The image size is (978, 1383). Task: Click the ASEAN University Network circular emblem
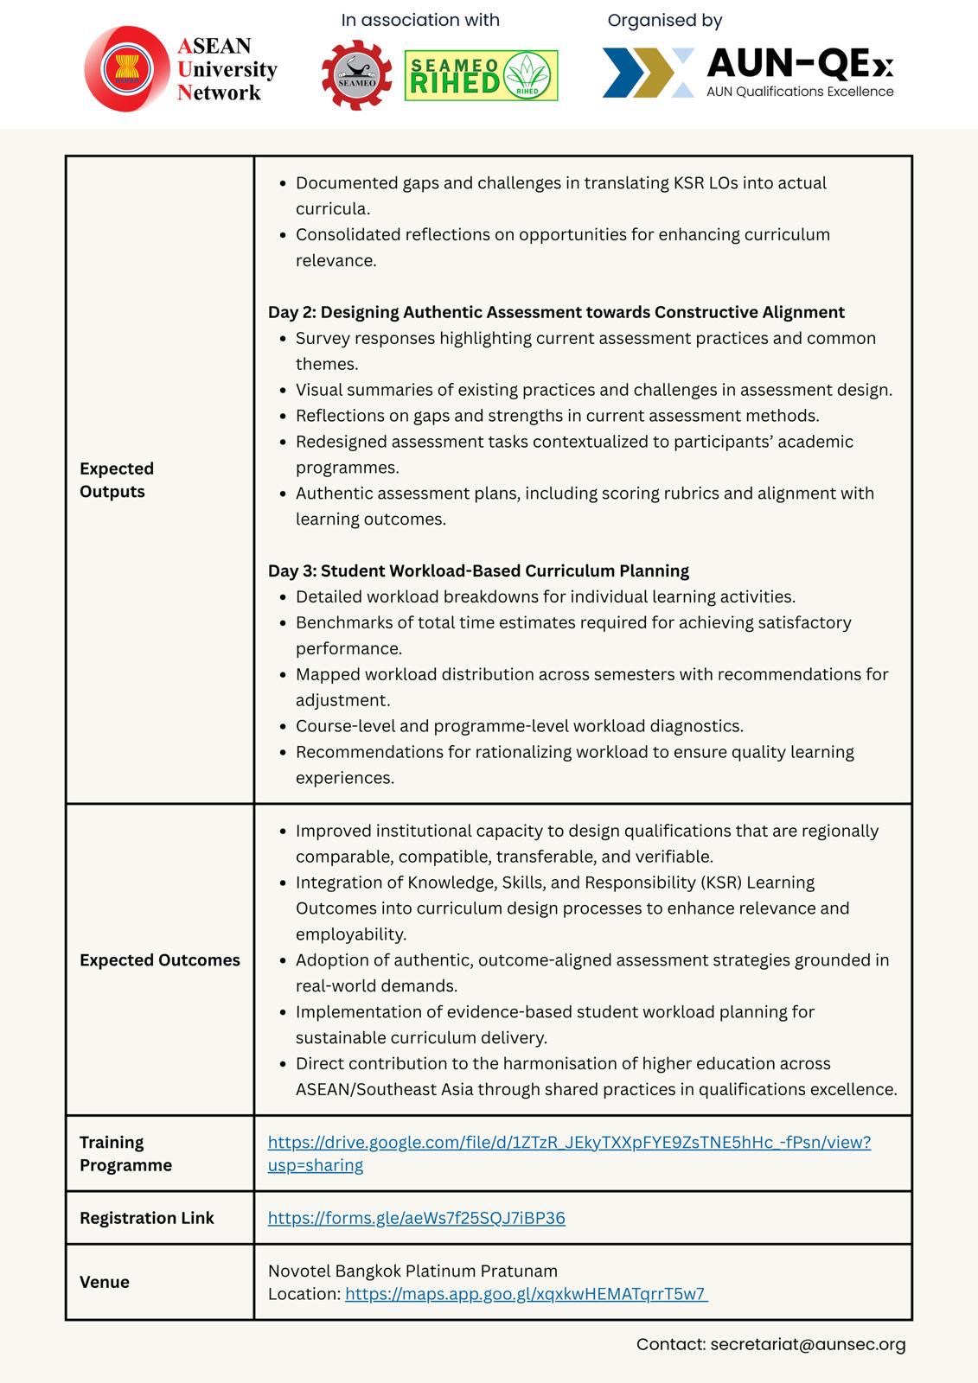click(127, 68)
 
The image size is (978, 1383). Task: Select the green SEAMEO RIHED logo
click(481, 76)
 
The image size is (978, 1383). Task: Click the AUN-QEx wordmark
click(799, 64)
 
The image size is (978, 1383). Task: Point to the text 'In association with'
click(420, 20)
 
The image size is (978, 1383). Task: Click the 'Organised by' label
click(664, 20)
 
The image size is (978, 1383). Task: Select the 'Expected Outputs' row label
click(117, 480)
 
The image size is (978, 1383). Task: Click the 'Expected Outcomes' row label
click(160, 960)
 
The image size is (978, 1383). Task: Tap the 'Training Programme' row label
click(125, 1153)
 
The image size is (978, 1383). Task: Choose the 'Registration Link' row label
click(146, 1218)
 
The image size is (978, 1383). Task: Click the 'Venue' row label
click(105, 1282)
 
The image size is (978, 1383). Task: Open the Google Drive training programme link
click(569, 1143)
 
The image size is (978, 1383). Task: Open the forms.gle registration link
click(416, 1218)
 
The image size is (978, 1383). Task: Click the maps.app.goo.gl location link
click(526, 1294)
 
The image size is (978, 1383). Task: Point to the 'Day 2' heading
click(556, 312)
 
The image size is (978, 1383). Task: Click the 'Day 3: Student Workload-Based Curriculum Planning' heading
click(478, 570)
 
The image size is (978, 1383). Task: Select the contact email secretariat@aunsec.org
click(808, 1344)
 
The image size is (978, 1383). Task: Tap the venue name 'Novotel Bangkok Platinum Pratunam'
click(412, 1271)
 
